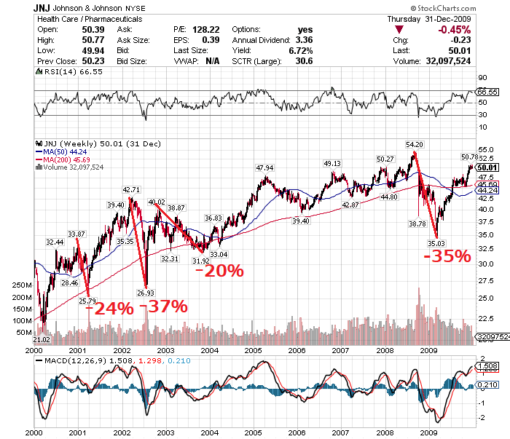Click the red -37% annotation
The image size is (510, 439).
click(x=164, y=306)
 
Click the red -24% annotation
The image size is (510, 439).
click(x=109, y=308)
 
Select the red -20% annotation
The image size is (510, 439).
click(x=219, y=271)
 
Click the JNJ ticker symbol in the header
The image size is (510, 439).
click(x=42, y=8)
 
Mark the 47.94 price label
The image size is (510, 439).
click(x=264, y=168)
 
